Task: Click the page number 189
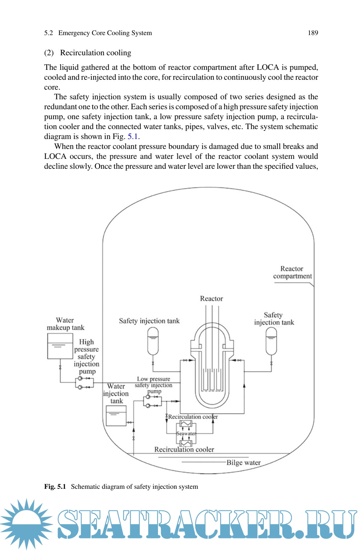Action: (312, 33)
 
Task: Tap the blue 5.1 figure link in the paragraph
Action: (132, 137)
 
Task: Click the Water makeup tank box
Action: (60, 346)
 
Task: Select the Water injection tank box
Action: (116, 416)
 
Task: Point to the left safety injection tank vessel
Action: (153, 341)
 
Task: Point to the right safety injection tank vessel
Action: (271, 341)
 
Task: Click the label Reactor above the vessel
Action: (211, 298)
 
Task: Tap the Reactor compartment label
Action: (292, 272)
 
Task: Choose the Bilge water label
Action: (243, 463)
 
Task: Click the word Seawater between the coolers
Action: (186, 434)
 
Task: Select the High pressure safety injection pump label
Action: (86, 356)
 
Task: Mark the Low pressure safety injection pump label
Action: (153, 385)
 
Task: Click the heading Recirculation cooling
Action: (95, 53)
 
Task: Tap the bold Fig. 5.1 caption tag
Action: (55, 486)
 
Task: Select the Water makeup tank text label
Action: (65, 324)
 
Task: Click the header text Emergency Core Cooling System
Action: (105, 33)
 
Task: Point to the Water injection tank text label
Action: (116, 393)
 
